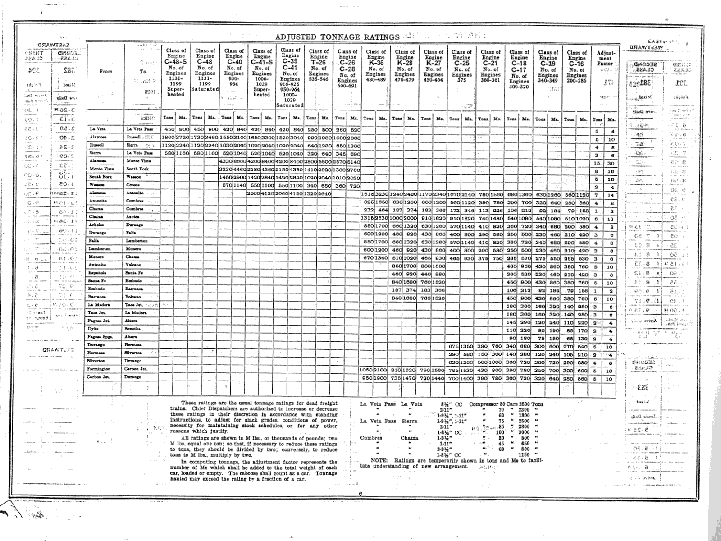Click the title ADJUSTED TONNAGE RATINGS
point(337,37)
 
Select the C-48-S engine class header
point(176,62)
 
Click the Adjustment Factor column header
point(605,58)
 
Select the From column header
point(106,71)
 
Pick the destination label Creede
point(132,185)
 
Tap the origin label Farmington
point(98,369)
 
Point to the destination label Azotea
point(133,217)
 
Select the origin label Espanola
point(97,273)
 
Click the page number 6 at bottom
point(361,493)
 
